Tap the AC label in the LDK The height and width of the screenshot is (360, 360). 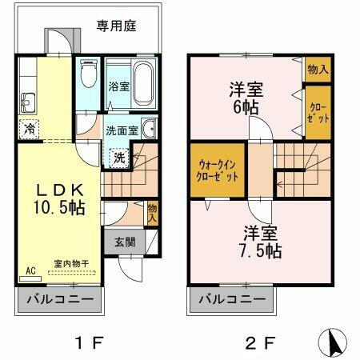tap(30, 270)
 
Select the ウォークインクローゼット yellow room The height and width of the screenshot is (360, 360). tap(218, 171)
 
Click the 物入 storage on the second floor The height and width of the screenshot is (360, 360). tap(318, 69)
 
